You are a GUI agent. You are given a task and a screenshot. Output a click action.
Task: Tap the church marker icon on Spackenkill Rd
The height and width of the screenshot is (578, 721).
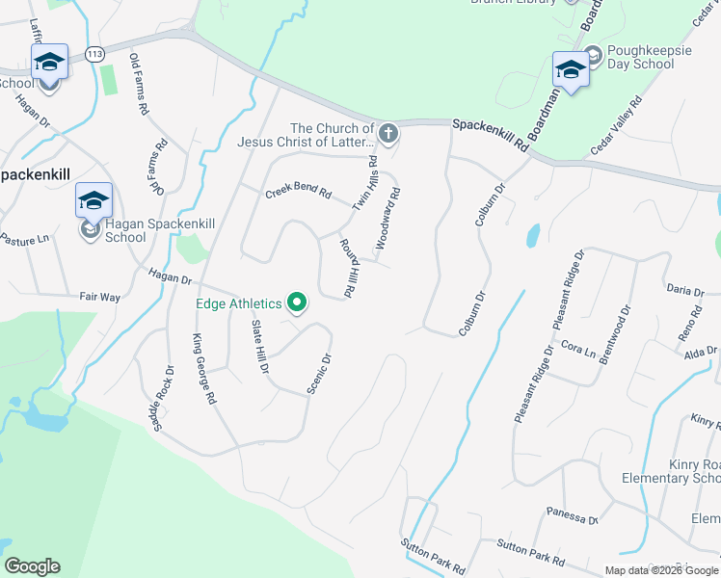pyautogui.click(x=388, y=134)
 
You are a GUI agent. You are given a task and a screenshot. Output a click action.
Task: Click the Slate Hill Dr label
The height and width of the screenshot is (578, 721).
pyautogui.click(x=258, y=346)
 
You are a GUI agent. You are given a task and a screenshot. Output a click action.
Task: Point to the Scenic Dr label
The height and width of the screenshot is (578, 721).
pyautogui.click(x=319, y=374)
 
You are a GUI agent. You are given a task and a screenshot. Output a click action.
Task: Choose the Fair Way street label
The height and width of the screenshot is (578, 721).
pyautogui.click(x=99, y=298)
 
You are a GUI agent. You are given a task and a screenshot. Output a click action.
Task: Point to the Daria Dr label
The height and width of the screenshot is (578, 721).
pyautogui.click(x=686, y=289)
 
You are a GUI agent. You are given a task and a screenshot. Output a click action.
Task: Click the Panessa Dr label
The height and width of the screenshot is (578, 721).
pyautogui.click(x=572, y=516)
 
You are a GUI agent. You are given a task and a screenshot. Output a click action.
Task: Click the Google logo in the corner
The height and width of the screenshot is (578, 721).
pyautogui.click(x=32, y=566)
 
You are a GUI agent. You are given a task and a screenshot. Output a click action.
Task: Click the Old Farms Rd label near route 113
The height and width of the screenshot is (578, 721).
pyautogui.click(x=138, y=84)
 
